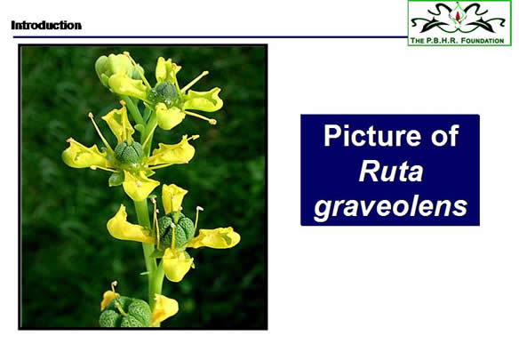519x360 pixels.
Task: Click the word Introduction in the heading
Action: click(46, 25)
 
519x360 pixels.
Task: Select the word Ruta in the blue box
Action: click(391, 172)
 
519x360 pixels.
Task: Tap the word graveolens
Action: click(391, 206)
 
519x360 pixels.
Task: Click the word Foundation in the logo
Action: click(483, 41)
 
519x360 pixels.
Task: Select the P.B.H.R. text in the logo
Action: click(442, 41)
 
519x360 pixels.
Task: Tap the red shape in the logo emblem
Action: click(458, 16)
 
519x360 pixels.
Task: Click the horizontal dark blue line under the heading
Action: click(211, 37)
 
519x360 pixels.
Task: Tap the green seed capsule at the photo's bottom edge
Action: click(126, 312)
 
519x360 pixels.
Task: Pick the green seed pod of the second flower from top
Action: click(129, 152)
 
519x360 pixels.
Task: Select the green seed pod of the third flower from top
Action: click(175, 231)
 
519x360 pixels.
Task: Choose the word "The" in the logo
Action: click(417, 41)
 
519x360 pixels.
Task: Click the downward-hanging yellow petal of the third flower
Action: click(177, 264)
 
